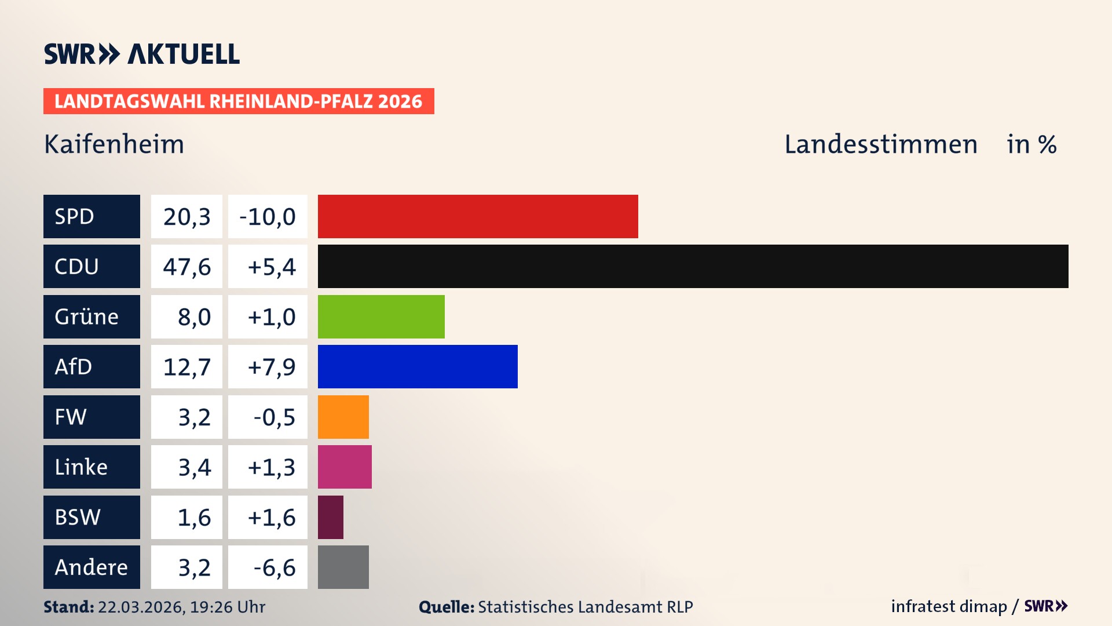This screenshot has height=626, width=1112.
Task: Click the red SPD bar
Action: click(x=478, y=216)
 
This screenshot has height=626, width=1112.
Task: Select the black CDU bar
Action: click(x=693, y=267)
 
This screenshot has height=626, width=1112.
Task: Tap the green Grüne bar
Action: click(x=381, y=316)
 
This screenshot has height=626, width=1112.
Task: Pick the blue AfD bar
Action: click(x=418, y=366)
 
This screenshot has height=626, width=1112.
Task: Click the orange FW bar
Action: click(x=343, y=417)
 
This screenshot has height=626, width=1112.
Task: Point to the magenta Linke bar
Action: click(x=345, y=467)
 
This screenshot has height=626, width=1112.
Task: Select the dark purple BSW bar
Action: click(x=331, y=517)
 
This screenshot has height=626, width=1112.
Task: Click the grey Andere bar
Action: click(x=343, y=567)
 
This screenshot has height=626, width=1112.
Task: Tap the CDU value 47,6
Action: click(x=186, y=267)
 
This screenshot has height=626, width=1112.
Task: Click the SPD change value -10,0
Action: click(x=268, y=216)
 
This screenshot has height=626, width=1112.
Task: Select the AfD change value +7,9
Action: click(x=271, y=366)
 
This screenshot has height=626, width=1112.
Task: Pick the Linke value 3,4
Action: click(x=194, y=467)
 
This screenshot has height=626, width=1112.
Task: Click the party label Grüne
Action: click(x=87, y=316)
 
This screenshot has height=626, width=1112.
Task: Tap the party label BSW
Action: click(x=78, y=517)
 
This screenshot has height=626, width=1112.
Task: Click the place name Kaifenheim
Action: click(x=114, y=144)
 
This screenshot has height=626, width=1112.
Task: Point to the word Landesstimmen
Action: click(x=880, y=144)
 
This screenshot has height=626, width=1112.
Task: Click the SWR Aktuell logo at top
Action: click(x=142, y=54)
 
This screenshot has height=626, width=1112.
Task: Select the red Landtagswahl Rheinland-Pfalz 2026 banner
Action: click(x=239, y=101)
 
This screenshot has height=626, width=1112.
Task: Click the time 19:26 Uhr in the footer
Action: click(x=227, y=607)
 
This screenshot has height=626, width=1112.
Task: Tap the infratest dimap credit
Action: click(x=949, y=606)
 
